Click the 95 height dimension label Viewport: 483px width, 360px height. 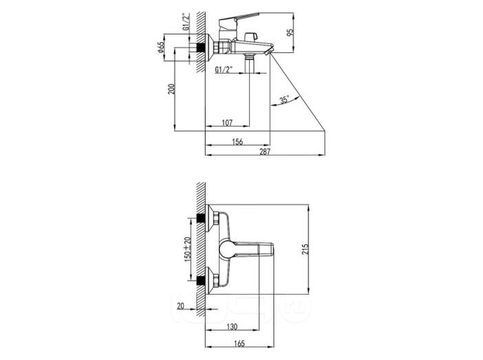point(290,32)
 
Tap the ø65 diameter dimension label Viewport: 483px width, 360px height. point(160,47)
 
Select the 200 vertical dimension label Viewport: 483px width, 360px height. point(171,89)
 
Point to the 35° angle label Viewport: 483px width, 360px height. point(284,100)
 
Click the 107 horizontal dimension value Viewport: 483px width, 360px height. point(227,123)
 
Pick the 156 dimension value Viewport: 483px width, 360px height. point(237,142)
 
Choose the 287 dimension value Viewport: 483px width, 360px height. point(265,151)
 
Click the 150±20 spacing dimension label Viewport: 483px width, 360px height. point(187,249)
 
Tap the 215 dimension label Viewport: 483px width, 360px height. point(305,249)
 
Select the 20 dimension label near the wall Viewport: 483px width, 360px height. point(180,306)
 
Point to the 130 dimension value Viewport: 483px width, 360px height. point(232,326)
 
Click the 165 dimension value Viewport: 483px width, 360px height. point(239,343)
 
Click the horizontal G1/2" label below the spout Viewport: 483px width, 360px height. point(224,70)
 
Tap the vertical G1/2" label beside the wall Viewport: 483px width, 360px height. point(186,21)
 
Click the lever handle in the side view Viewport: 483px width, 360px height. point(239,19)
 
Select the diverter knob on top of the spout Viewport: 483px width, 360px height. point(250,36)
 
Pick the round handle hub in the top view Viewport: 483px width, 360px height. point(228,249)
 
